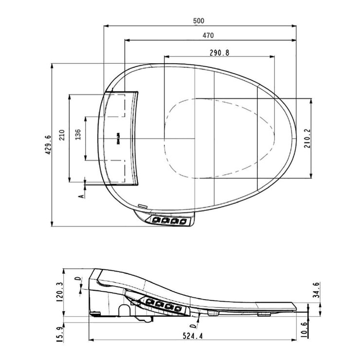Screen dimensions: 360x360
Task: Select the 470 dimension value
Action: tap(209, 35)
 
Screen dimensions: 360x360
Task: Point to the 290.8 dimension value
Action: tap(220, 52)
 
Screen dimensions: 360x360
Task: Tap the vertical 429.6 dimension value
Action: tap(48, 144)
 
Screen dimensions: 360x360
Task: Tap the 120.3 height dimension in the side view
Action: tap(60, 292)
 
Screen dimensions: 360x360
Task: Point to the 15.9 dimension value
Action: tap(60, 334)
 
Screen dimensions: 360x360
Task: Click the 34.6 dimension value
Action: tap(317, 289)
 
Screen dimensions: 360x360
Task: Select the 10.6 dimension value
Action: tap(317, 328)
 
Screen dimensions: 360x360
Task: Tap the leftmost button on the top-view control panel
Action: tap(156, 220)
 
